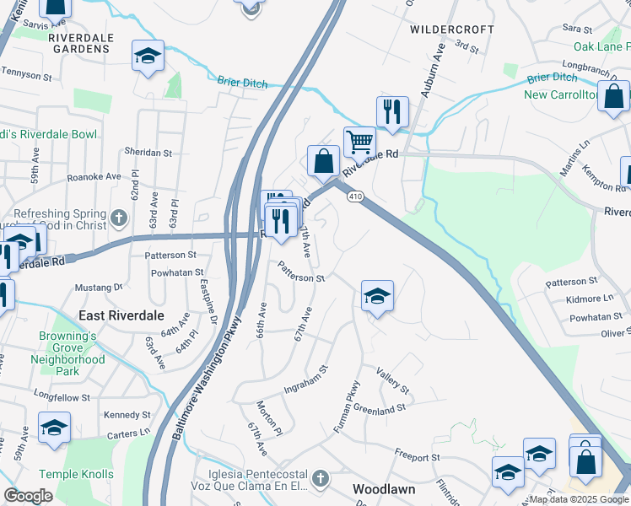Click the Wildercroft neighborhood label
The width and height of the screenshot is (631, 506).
coord(451,29)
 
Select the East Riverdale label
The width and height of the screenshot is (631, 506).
coord(120,315)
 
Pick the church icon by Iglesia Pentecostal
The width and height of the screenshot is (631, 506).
coord(319,479)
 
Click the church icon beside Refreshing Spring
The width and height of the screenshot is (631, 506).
coord(119,218)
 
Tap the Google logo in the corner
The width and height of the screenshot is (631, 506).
coord(28,496)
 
